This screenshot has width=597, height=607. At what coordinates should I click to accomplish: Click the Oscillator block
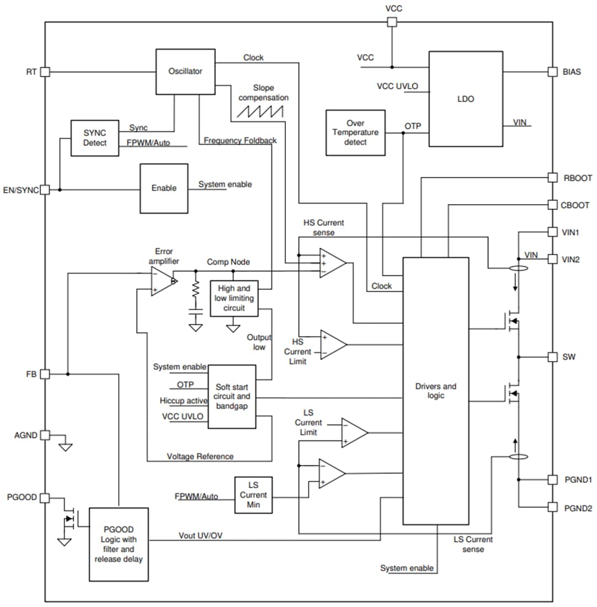[x=185, y=72]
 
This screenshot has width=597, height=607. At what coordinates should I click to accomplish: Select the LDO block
[x=466, y=99]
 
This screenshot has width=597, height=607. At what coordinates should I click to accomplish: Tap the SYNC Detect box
[x=95, y=137]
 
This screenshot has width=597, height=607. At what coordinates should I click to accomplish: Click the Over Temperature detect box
[x=355, y=132]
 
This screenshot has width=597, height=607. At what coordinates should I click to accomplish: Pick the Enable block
[x=164, y=188]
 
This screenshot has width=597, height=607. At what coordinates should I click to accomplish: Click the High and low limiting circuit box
[x=234, y=298]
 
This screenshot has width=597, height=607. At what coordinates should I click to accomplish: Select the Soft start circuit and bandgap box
[x=232, y=396]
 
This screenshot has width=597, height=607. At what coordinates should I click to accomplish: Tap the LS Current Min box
[x=253, y=495]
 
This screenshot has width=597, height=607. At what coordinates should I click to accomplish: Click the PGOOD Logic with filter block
[x=119, y=544]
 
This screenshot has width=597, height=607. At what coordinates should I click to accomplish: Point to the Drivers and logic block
[x=436, y=391]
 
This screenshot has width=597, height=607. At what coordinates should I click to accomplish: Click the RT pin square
[x=45, y=72]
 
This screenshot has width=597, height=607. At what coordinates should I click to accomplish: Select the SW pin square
[x=552, y=357]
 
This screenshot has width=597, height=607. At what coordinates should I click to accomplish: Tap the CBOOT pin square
[x=552, y=205]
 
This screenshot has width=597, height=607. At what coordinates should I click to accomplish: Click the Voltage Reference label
[x=200, y=456]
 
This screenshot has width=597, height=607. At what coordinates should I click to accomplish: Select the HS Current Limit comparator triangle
[x=333, y=344]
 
